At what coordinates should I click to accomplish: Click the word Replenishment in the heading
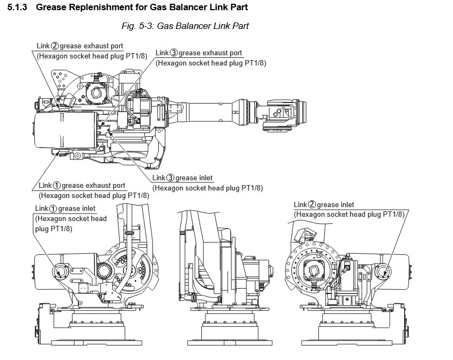coord(96,8)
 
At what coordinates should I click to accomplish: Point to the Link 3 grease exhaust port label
coord(199,53)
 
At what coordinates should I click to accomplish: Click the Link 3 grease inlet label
coord(182,178)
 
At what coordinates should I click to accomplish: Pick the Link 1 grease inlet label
coord(65,209)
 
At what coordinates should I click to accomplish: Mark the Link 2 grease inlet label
coord(324,204)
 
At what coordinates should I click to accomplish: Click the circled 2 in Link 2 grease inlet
coord(312,205)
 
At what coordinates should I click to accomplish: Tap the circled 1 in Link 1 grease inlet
coord(53,209)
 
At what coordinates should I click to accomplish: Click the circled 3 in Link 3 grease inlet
coord(171,178)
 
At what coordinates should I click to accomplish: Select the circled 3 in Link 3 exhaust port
coord(173,53)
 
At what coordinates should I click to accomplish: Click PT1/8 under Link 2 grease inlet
coord(391,214)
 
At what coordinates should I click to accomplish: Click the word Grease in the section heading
coord(52,8)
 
